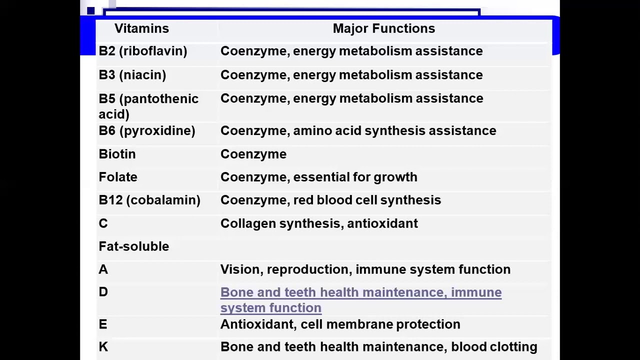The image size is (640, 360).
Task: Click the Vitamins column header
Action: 141,28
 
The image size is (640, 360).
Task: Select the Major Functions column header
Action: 384,28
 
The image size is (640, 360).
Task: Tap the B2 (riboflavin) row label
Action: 143,51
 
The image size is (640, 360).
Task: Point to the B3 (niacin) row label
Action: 132,75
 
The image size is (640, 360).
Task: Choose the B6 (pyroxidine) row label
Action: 147,131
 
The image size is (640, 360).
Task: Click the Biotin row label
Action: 117,154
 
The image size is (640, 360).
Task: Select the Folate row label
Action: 118,177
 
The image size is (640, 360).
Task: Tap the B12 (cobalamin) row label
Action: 149,200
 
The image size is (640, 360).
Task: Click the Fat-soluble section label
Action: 133,246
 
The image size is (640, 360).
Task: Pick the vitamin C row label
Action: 103,223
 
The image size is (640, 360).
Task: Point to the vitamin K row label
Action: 103,347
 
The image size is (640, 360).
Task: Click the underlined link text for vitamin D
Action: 361,300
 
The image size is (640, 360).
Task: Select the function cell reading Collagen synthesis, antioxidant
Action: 319,223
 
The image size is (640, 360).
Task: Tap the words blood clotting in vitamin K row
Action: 494,347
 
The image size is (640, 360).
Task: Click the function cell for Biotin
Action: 253,154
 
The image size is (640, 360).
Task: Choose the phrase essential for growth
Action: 355,177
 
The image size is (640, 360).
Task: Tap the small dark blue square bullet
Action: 91,11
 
